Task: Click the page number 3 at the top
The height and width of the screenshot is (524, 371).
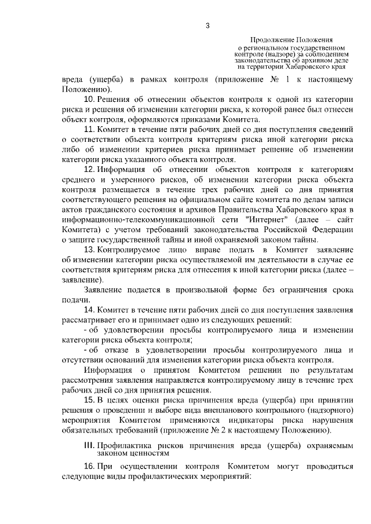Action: pyautogui.click(x=207, y=24)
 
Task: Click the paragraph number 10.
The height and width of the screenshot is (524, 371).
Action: pyautogui.click(x=90, y=100)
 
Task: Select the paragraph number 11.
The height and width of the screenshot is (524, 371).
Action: pyautogui.click(x=90, y=129)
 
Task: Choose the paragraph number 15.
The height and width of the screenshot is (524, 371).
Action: pyautogui.click(x=90, y=401)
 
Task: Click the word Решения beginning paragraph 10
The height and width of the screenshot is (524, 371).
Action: pyautogui.click(x=114, y=100)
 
